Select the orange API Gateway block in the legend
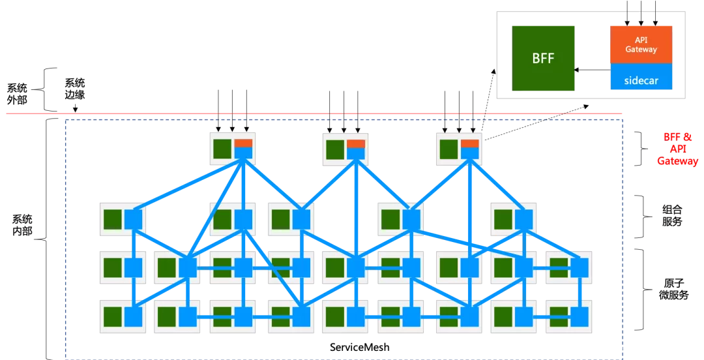(x=641, y=44)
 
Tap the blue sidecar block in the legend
(x=641, y=77)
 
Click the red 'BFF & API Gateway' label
(x=677, y=149)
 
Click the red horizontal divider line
(x=313, y=113)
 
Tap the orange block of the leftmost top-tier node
(x=243, y=143)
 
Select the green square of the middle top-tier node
(x=336, y=149)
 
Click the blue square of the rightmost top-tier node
(x=470, y=153)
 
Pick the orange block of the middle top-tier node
(x=356, y=143)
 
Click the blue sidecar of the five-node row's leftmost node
(x=133, y=219)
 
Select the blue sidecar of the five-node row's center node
(x=301, y=219)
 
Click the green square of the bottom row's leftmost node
(x=113, y=317)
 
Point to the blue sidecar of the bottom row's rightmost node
(x=579, y=317)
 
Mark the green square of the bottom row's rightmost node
(x=559, y=317)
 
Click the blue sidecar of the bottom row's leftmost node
(x=133, y=317)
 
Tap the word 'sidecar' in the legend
(x=641, y=82)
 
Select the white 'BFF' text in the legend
(x=543, y=59)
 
